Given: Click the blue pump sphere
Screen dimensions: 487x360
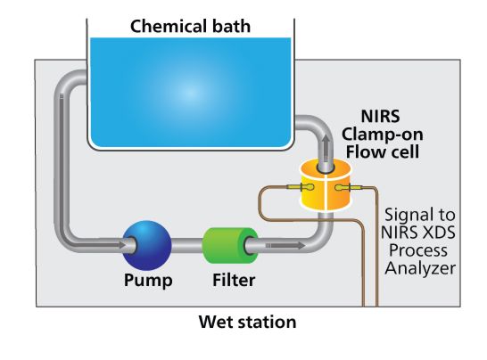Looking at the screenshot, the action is [x=147, y=245].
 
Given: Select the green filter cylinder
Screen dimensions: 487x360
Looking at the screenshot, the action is [x=230, y=245].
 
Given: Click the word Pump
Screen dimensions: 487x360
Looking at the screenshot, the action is [x=148, y=280].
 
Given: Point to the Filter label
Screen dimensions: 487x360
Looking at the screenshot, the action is [x=234, y=280].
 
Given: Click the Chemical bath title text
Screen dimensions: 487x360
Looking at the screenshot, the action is [x=190, y=26].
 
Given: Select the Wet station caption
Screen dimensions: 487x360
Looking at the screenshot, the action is [x=247, y=322].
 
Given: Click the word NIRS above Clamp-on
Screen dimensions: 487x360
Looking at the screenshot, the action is [x=380, y=117].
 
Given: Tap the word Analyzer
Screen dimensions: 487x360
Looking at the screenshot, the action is [x=420, y=268].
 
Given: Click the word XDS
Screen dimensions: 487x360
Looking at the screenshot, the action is [x=438, y=233].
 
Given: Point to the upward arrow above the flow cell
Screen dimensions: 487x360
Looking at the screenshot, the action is [x=326, y=149].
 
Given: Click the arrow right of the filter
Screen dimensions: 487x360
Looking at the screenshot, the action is [x=285, y=245].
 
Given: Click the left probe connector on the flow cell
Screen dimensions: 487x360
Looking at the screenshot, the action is [x=301, y=187].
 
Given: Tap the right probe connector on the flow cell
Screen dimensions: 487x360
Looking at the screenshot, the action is [x=349, y=187].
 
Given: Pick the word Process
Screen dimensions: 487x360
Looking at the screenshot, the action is [x=418, y=250].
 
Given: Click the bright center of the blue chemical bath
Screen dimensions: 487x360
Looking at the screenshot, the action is [x=190, y=93].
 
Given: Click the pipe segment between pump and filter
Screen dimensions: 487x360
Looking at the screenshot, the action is [x=186, y=245].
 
